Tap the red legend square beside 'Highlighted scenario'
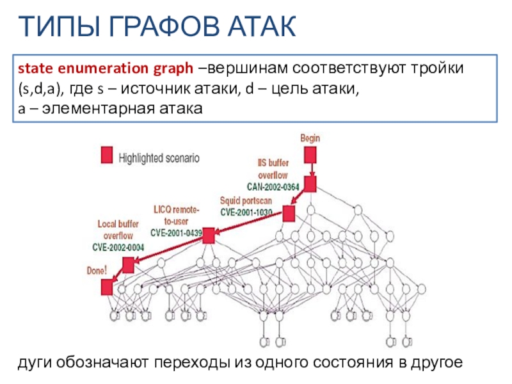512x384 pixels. (107, 155)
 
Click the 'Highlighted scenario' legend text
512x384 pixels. (159, 156)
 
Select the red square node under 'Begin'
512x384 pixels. (310, 154)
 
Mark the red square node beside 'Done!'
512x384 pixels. (107, 288)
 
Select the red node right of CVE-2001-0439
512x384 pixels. (208, 236)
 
